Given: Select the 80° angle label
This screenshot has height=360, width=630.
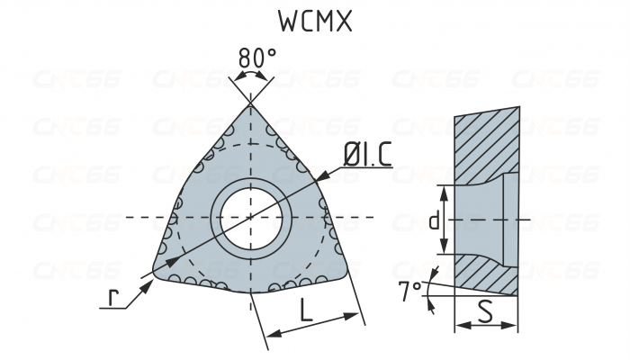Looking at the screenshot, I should pos(256,58).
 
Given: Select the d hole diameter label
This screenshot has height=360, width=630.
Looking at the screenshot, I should pos(435,219).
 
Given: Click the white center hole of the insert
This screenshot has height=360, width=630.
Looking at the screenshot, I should pos(251,218).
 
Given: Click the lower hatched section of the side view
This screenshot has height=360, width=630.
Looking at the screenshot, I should pos(486,274).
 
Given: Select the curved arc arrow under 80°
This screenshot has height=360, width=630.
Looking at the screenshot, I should pos(251,78).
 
